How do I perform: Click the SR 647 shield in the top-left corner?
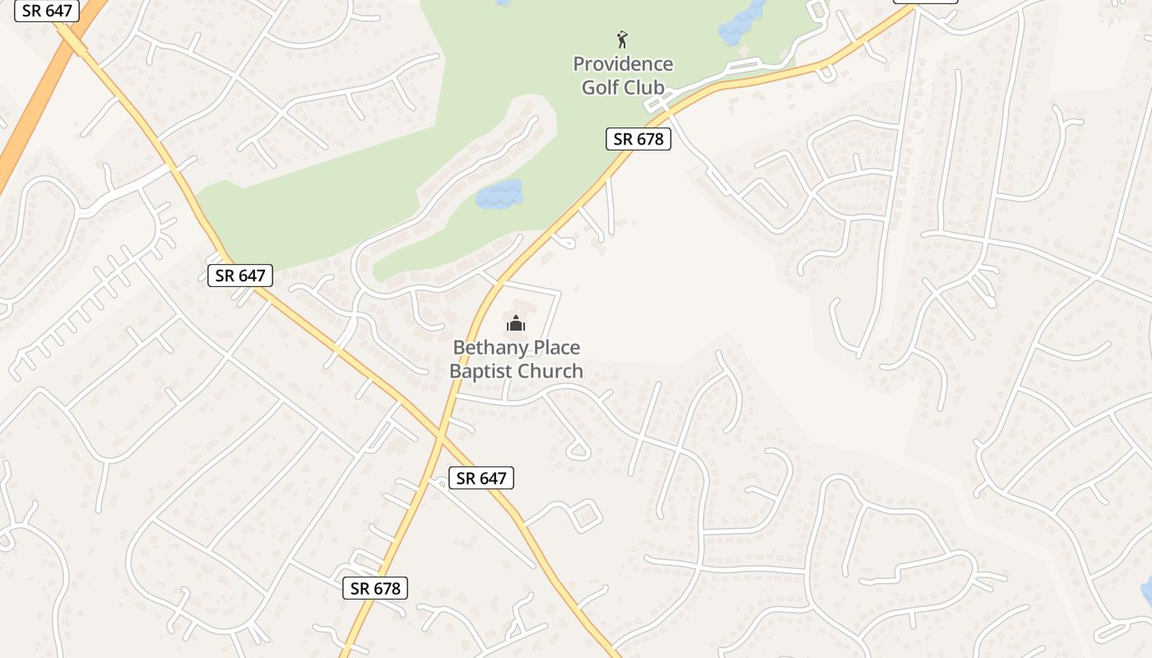[x=47, y=12]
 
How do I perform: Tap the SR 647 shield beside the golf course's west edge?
[x=239, y=276]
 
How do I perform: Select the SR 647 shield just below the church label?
[x=481, y=478]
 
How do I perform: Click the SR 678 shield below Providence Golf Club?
[x=639, y=139]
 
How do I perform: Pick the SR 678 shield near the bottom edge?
[x=375, y=588]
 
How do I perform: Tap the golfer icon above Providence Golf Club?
[x=623, y=39]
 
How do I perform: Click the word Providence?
[x=623, y=64]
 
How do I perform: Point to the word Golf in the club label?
[x=600, y=87]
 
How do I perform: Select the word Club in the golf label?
[x=643, y=87]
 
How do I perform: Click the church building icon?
[x=516, y=323]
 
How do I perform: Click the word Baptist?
[x=481, y=371]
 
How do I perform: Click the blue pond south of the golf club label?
[x=499, y=194]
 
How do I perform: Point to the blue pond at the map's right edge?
[x=1146, y=591]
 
